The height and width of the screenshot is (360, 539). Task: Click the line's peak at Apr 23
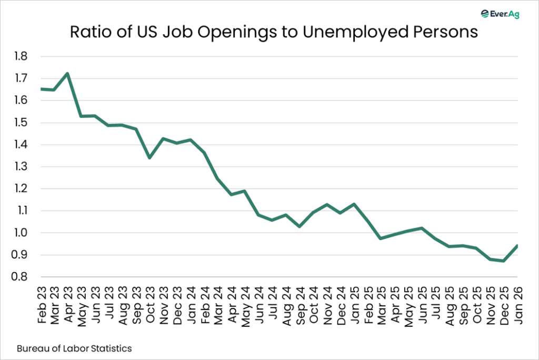[67, 73]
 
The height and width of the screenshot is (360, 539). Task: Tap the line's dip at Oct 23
[149, 157]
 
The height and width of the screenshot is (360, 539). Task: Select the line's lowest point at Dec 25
[503, 261]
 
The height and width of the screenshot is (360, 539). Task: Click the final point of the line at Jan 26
[517, 245]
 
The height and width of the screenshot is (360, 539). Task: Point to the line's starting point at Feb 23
[41, 89]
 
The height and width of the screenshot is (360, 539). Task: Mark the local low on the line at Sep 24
[299, 226]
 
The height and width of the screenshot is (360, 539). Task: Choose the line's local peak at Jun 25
[422, 228]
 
